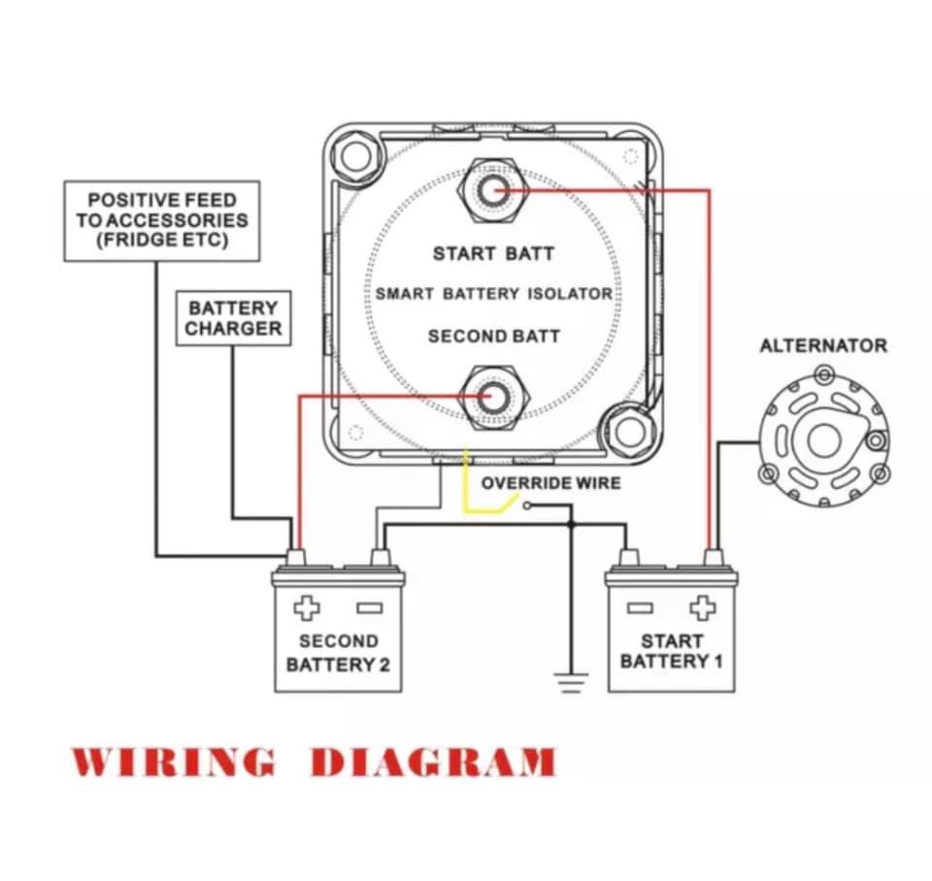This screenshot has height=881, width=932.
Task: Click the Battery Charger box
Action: (x=234, y=318)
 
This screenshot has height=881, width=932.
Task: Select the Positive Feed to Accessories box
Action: (x=162, y=221)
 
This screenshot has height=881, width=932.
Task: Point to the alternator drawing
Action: (x=824, y=440)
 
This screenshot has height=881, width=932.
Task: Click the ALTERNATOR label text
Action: (x=823, y=345)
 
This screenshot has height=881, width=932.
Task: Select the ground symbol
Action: (x=571, y=683)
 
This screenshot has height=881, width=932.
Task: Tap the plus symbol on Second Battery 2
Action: (x=307, y=607)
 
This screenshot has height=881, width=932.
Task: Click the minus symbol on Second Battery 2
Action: (x=370, y=607)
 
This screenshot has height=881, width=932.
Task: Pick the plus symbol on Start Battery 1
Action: (x=703, y=607)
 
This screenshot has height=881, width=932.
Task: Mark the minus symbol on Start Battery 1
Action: (x=640, y=607)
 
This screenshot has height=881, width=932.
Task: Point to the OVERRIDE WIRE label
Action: (x=550, y=483)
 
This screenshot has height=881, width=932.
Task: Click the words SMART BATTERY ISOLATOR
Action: (x=494, y=294)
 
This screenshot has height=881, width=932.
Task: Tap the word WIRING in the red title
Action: (x=174, y=762)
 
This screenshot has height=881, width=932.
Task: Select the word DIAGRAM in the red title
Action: (x=433, y=762)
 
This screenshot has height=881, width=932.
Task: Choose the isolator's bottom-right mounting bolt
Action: (x=630, y=432)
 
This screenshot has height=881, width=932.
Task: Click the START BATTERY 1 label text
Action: (x=672, y=651)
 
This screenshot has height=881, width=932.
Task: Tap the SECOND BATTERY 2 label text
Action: (x=338, y=652)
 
